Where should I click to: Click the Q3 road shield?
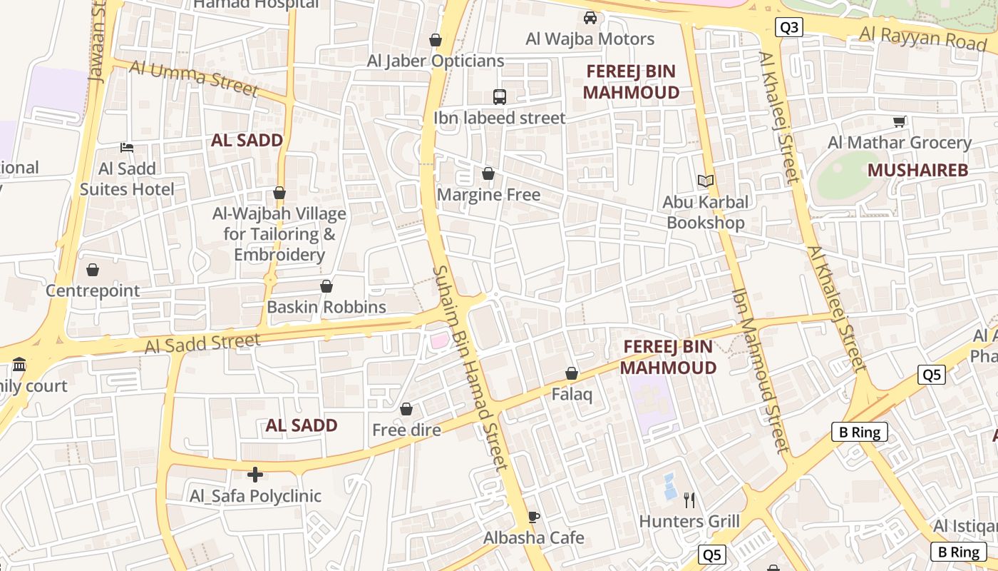789,27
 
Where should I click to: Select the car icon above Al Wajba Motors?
590,18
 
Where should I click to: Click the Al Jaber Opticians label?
436,61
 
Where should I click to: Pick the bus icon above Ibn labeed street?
500,96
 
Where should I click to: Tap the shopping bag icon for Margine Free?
488,173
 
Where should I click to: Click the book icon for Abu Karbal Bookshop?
706,181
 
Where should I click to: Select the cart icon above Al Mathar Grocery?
899,122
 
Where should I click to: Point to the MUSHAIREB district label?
918,170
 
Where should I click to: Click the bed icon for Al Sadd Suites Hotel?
127,148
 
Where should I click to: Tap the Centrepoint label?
93,290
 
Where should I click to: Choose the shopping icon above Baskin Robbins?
326,286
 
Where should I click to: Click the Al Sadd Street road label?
202,344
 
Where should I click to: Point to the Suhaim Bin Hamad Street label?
471,367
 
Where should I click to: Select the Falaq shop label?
572,394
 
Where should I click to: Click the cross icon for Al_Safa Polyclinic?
255,475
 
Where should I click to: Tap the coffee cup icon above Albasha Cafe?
533,517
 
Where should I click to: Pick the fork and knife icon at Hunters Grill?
689,500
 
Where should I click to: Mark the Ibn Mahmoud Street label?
761,370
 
